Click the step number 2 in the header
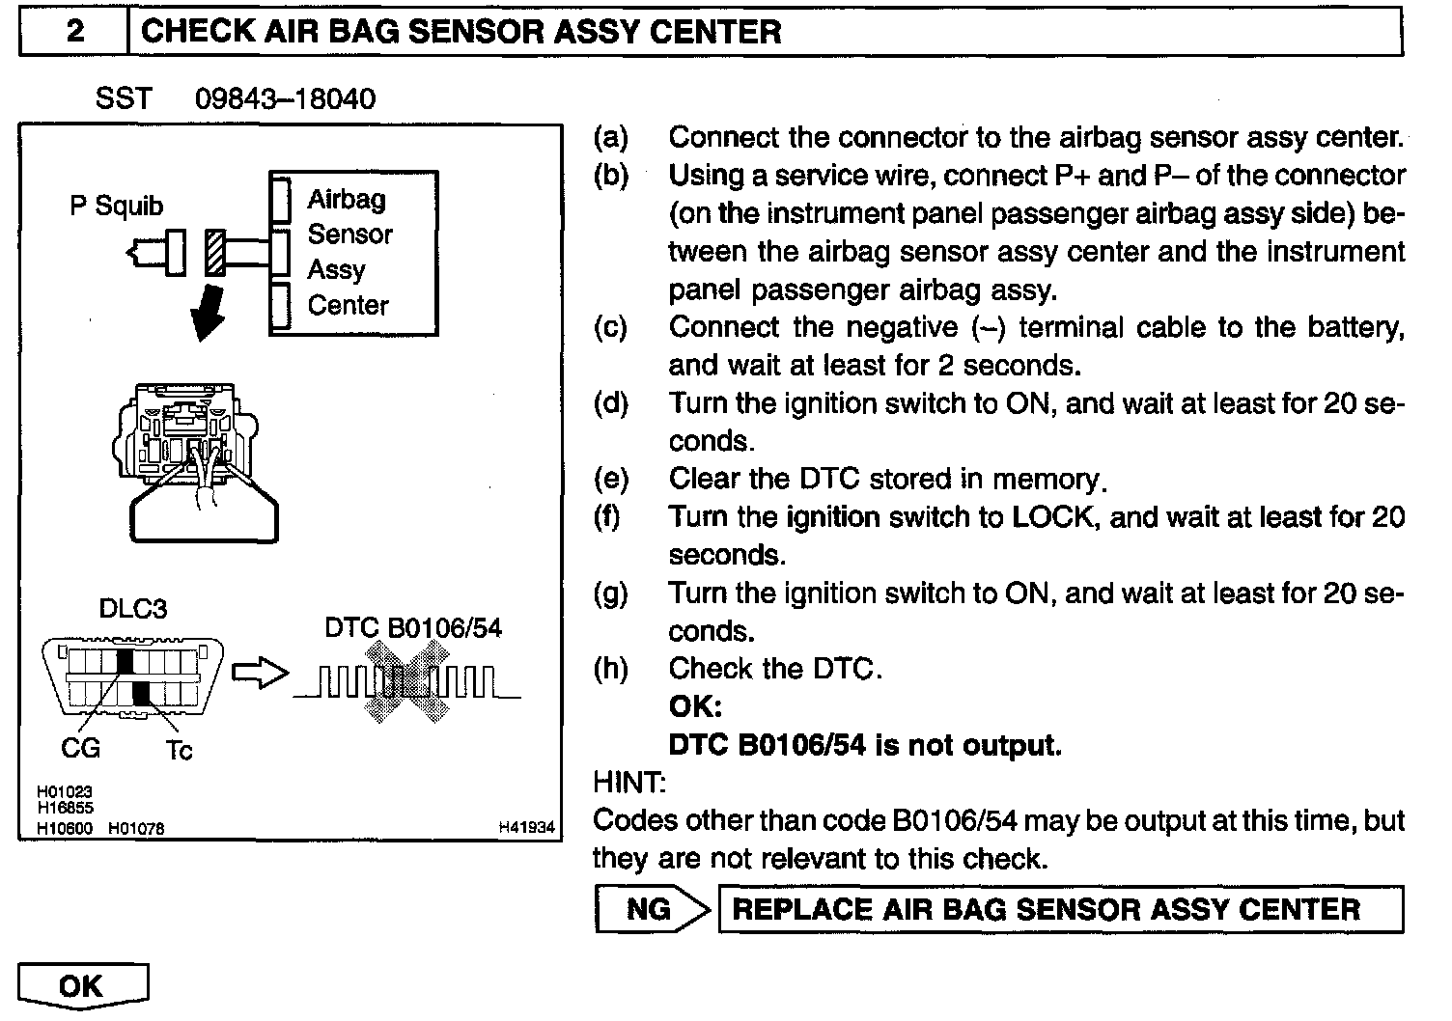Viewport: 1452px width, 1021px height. [74, 31]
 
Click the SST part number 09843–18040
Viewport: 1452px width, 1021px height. [285, 98]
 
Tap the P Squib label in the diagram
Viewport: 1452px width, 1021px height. [116, 207]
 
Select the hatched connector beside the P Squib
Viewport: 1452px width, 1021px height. [213, 253]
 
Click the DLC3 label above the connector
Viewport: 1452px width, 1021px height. [132, 609]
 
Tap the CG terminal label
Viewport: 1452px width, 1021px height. [80, 749]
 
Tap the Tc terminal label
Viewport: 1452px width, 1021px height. [179, 750]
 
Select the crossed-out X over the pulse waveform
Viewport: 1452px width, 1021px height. [407, 683]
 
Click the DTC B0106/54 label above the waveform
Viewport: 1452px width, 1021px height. [413, 628]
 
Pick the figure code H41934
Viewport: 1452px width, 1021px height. [526, 827]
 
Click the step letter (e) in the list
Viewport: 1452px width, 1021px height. [610, 480]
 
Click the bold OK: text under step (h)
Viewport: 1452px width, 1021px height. [695, 707]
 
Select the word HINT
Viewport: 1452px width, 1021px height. [628, 783]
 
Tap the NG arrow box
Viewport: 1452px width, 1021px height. [652, 909]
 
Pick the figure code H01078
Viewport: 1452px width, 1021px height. [136, 828]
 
